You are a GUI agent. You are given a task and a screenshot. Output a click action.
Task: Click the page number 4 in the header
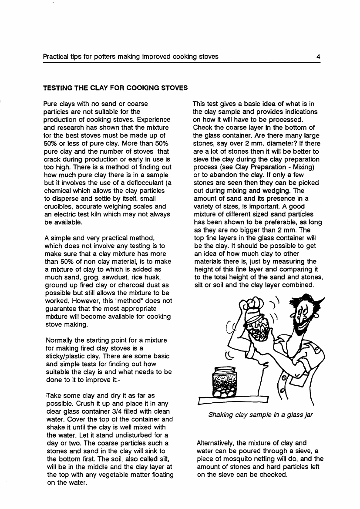click(x=318, y=57)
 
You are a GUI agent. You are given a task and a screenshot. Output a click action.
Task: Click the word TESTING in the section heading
click(x=57, y=88)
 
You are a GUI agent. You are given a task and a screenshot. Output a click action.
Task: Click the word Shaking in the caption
click(x=221, y=415)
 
